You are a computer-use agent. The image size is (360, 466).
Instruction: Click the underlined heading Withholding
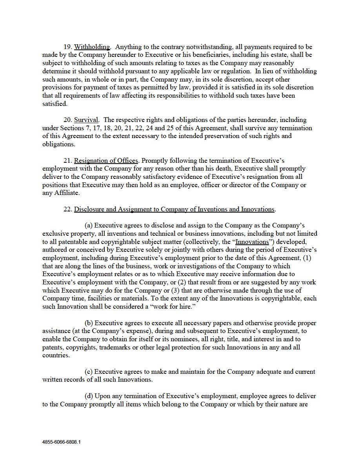click(92, 47)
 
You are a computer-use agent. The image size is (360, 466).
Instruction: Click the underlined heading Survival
click(86, 120)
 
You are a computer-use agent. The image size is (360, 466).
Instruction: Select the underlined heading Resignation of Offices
click(106, 161)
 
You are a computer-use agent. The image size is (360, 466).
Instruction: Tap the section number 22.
click(68, 209)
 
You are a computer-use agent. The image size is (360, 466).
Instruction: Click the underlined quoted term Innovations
click(252, 242)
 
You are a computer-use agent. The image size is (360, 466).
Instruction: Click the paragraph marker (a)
click(89, 226)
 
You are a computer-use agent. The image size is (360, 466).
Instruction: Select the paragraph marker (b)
click(89, 323)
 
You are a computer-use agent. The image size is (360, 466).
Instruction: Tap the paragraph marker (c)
click(89, 372)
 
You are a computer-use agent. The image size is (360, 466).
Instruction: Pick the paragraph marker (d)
click(89, 396)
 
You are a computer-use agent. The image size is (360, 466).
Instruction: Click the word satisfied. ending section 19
click(55, 104)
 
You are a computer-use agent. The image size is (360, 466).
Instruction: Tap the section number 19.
click(68, 47)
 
